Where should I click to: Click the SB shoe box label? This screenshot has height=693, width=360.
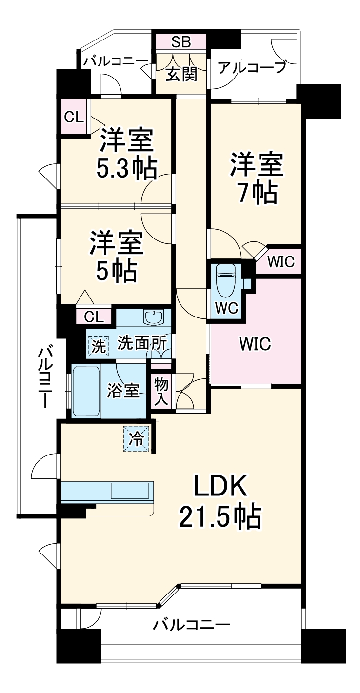point(180,42)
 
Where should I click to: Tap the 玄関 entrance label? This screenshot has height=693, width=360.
point(181,74)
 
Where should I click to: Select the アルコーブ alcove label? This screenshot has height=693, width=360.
point(252,68)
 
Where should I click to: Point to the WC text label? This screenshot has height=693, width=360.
point(225,308)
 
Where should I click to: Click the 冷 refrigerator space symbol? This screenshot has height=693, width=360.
point(137,439)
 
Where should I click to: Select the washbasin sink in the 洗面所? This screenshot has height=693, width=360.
point(155,317)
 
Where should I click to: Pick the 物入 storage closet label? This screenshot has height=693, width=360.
point(161,391)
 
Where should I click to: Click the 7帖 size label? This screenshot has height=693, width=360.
point(258,193)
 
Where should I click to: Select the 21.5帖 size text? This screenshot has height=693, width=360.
point(220,517)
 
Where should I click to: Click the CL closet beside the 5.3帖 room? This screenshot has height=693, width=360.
point(74,117)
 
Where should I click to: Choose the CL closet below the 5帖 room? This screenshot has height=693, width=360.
point(94,317)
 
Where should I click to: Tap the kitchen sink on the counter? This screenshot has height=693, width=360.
point(130,490)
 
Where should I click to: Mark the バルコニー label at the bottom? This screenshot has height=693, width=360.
point(191,625)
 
